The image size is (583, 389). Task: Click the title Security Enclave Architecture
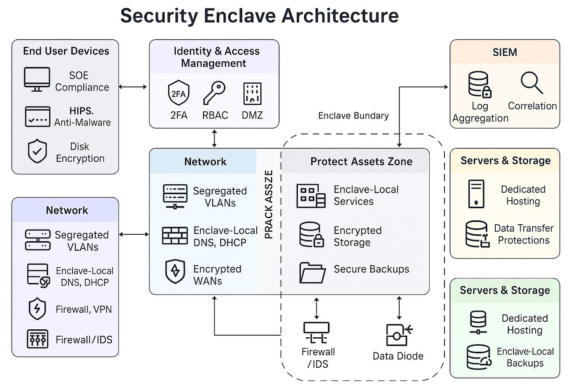(259, 16)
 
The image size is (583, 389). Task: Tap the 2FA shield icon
(178, 93)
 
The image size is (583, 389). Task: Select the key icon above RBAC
(214, 93)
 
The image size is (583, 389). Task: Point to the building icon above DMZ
(252, 94)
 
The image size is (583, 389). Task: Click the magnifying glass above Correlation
(532, 83)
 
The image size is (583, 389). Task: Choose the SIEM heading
(505, 52)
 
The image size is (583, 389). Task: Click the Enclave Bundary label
(353, 116)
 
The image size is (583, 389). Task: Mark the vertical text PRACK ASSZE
(269, 204)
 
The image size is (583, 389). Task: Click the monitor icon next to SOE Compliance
(37, 79)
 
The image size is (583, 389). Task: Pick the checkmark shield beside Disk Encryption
(37, 151)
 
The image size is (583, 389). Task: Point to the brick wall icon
(175, 236)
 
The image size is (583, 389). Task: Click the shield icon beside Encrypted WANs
(175, 271)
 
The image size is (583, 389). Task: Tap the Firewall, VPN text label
(83, 309)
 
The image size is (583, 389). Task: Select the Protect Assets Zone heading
(361, 161)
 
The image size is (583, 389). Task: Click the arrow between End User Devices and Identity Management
(133, 87)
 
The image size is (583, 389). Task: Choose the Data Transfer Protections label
(523, 234)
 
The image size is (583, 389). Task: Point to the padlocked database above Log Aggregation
(479, 84)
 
